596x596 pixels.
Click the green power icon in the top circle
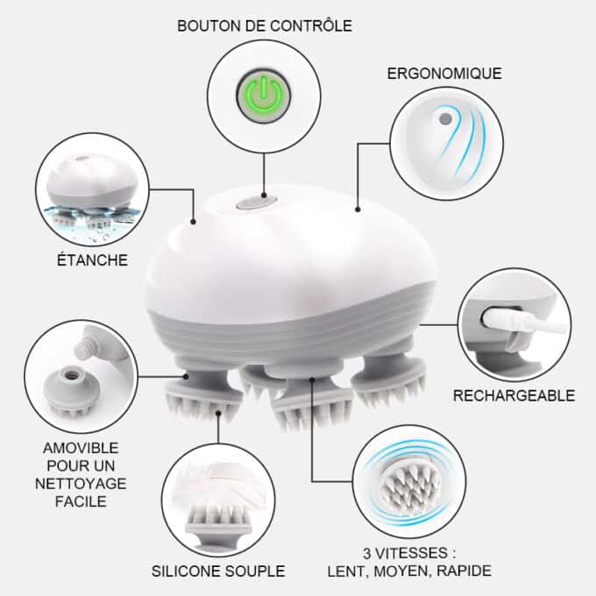point(264,96)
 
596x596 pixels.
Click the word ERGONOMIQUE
point(444,74)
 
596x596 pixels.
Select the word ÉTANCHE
point(92,260)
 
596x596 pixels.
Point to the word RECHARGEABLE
point(514,395)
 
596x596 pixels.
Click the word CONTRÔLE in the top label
point(311,25)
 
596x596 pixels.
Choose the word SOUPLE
point(255,571)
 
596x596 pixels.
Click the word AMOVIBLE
point(81,448)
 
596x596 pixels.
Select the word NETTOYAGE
point(81,484)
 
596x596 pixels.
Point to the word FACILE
point(81,501)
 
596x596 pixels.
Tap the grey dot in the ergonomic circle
point(444,119)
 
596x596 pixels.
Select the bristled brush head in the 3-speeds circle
point(410,487)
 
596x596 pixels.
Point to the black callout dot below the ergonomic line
point(358,209)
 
